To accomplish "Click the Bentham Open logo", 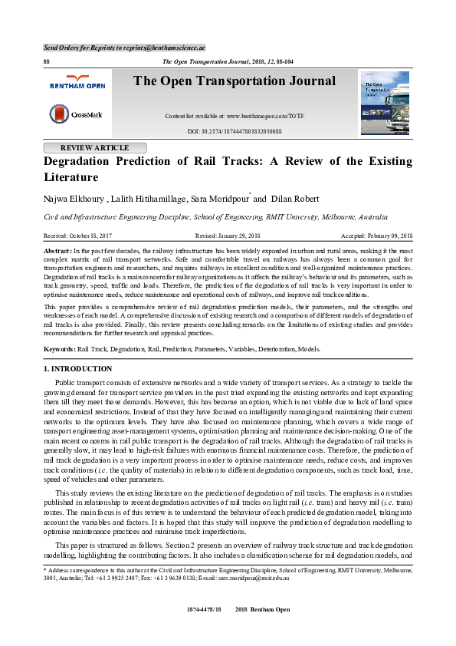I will coord(77,81).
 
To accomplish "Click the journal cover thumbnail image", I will coord(385,102).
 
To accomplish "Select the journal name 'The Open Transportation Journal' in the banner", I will coord(235,81).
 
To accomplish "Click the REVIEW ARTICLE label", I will coord(94,148).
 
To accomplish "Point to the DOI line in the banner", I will coord(235,131).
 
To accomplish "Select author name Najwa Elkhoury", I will coord(74,199).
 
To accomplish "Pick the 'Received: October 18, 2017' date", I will coord(78,236).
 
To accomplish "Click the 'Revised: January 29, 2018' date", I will coord(228,236).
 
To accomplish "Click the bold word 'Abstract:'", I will coord(58,252).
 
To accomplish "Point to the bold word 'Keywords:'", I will coord(61,349).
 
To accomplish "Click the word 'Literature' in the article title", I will coord(71,177).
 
